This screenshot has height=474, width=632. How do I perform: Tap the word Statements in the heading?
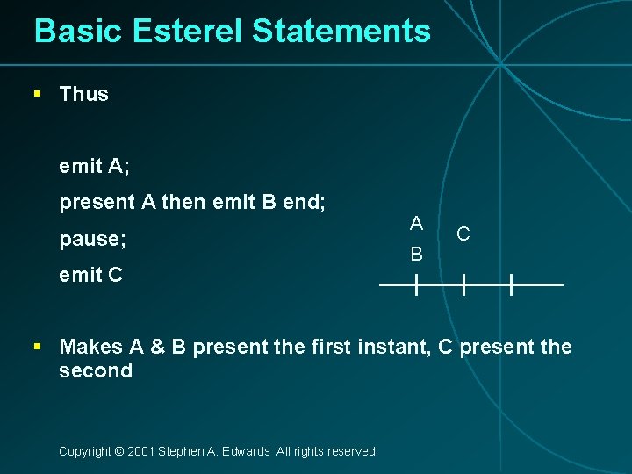[x=341, y=32]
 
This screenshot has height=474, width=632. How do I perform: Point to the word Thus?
[x=83, y=94]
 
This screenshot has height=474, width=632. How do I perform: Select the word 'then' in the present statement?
[x=183, y=203]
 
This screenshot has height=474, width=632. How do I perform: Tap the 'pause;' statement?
[x=92, y=239]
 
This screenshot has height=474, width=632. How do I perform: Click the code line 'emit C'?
[x=90, y=275]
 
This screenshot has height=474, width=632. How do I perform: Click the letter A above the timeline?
[x=416, y=223]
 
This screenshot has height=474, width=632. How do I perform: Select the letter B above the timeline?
[x=416, y=255]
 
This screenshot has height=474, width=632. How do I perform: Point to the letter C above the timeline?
[x=463, y=234]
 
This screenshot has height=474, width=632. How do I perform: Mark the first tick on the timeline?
[x=416, y=284]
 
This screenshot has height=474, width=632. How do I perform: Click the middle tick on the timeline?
[x=463, y=284]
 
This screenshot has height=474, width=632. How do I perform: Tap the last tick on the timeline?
[x=511, y=284]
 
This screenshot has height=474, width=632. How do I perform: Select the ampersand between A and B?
[x=158, y=347]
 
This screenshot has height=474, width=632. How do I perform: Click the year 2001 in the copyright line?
[x=140, y=451]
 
